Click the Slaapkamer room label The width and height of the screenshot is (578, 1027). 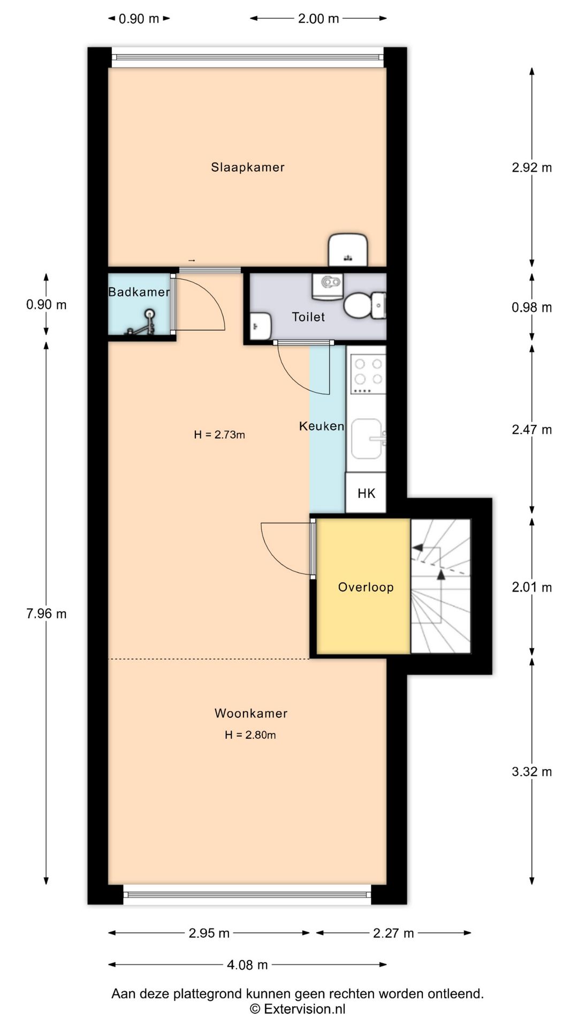point(248,167)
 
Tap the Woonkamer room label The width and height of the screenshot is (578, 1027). point(251,713)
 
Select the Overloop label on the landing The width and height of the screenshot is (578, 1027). point(366,587)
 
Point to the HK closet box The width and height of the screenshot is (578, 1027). point(366,493)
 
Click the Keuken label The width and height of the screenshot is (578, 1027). point(321,426)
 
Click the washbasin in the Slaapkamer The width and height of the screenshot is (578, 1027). point(348,249)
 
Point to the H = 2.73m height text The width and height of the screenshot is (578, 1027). point(219,435)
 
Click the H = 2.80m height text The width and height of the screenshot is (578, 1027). point(250,735)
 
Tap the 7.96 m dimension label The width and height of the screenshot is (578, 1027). point(47,614)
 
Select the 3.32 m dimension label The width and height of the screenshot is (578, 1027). point(532,771)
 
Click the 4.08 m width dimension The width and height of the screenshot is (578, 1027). point(247,965)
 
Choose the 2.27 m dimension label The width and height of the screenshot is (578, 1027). point(393,933)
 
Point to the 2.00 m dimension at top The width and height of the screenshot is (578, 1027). point(318,19)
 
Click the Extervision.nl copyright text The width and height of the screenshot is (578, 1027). point(298,1009)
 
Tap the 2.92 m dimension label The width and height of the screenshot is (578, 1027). point(532,167)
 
